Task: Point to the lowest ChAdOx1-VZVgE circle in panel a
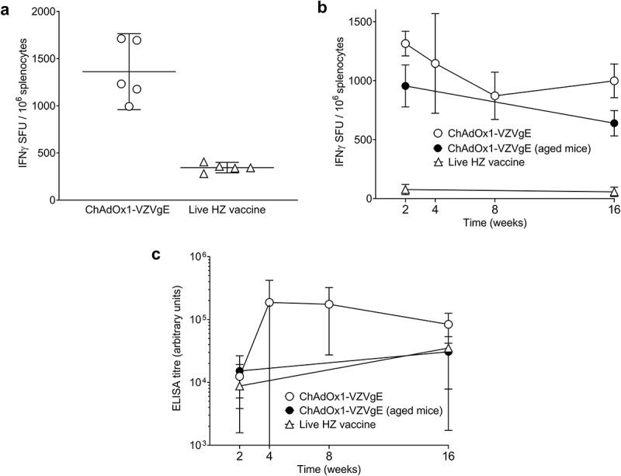(129, 106)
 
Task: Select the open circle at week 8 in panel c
(329, 304)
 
